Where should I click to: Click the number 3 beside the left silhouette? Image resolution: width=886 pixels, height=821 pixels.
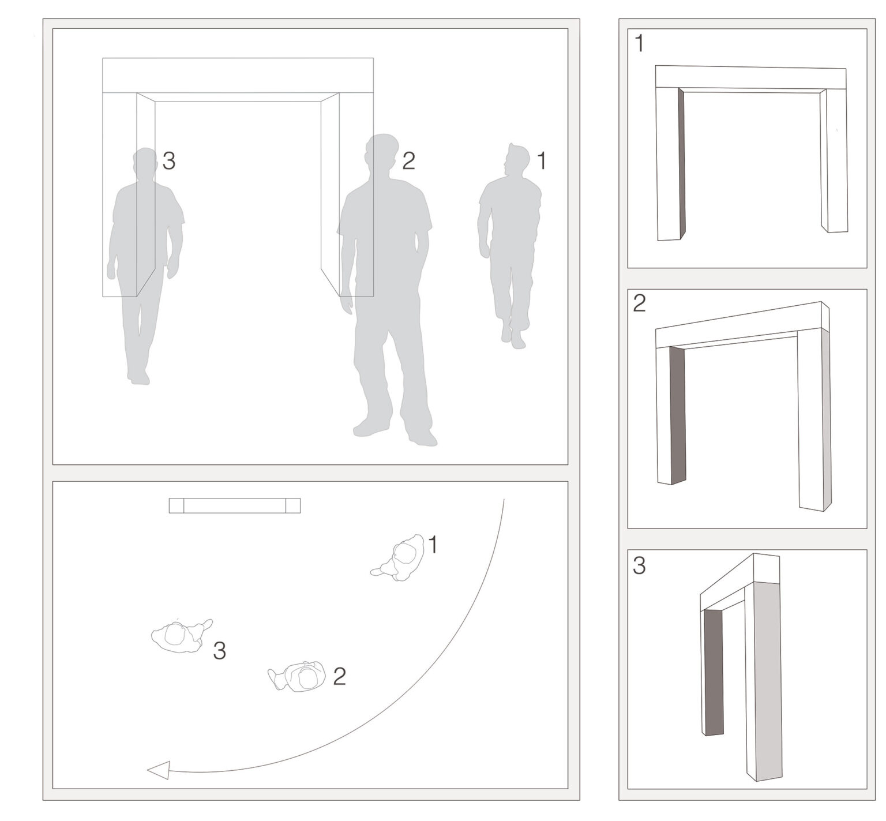[x=168, y=161]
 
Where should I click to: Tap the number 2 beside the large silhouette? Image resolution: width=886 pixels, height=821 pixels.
[x=408, y=161]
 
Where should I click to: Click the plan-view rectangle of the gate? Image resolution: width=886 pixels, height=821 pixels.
[x=235, y=505]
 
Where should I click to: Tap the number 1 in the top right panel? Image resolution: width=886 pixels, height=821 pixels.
[x=639, y=44]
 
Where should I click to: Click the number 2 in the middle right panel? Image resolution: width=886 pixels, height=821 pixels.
[x=639, y=303]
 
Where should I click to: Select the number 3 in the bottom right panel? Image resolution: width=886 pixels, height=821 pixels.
[x=639, y=566]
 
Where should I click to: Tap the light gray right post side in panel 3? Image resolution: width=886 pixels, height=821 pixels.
[x=768, y=681]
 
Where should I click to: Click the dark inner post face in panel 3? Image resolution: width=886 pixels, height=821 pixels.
[x=714, y=672]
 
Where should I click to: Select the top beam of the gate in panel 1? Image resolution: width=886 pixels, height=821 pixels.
[x=750, y=77]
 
